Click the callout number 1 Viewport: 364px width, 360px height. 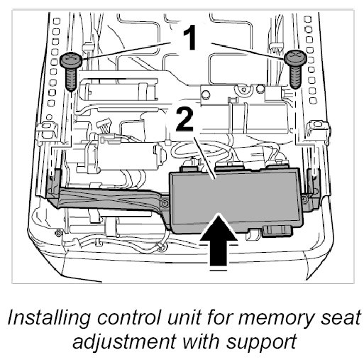click(190, 38)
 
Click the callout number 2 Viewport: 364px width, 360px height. click(184, 119)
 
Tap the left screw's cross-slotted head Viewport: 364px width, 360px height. click(71, 59)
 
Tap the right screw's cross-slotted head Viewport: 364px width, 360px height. click(295, 58)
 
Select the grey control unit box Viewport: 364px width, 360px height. click(236, 201)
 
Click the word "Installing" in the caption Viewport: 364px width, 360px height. click(49, 319)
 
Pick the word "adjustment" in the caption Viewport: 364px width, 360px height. click(124, 342)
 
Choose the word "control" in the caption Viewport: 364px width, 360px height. click(130, 317)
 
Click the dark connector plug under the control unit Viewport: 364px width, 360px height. click(277, 231)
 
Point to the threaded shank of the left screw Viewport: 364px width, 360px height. click(71, 78)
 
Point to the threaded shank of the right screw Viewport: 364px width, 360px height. click(295, 77)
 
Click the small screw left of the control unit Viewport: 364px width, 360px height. click(165, 203)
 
